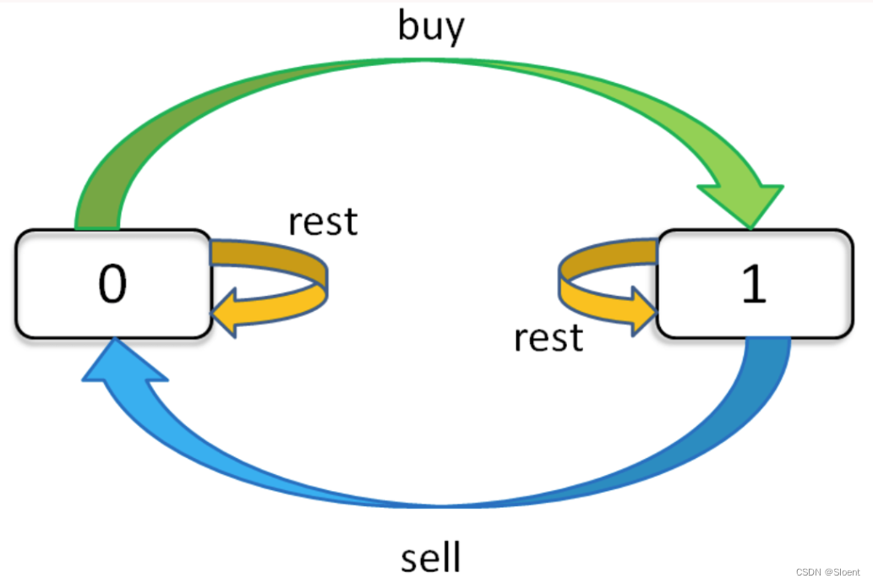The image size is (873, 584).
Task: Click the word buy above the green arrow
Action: tap(431, 27)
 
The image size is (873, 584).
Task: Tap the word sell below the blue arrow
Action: tap(431, 558)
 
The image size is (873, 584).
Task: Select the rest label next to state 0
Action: tap(323, 221)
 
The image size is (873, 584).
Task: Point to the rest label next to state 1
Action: tap(548, 337)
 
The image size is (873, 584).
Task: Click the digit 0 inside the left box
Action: tap(112, 285)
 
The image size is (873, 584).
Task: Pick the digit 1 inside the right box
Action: tap(752, 285)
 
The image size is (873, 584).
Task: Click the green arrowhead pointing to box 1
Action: tap(744, 199)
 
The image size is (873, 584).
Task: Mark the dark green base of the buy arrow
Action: tap(98, 203)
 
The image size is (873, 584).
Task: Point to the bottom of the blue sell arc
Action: tap(448, 503)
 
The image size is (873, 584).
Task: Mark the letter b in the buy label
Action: tap(409, 25)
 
